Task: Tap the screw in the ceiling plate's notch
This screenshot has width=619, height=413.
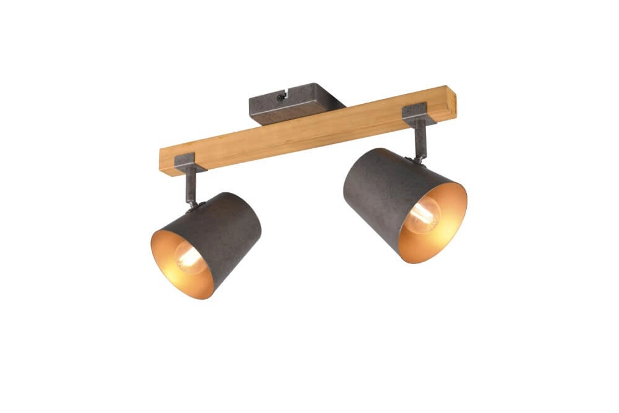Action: tap(281, 96)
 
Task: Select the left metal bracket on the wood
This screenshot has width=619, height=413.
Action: tap(185, 162)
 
